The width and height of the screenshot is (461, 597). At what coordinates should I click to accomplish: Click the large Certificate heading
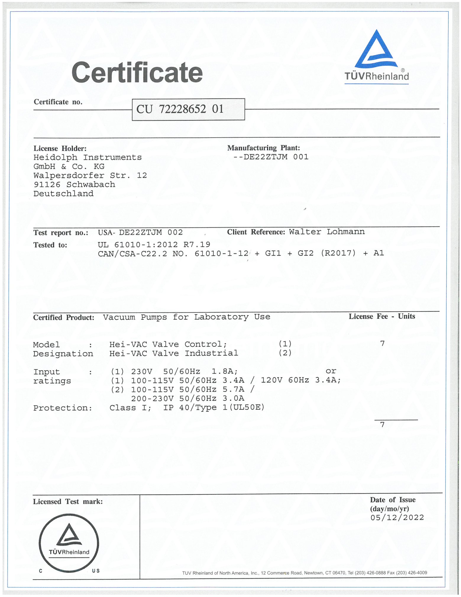click(137, 73)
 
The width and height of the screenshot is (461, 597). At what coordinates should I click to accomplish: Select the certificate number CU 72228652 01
click(180, 109)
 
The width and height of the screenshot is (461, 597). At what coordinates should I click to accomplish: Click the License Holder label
click(60, 148)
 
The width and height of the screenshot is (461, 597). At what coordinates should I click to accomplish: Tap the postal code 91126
click(47, 185)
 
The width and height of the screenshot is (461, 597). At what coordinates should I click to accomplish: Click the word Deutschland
click(63, 194)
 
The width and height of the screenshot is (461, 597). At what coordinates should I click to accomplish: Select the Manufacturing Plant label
click(263, 148)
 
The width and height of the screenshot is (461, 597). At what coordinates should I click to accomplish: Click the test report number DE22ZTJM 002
click(151, 232)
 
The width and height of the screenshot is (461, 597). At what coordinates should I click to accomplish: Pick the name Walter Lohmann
click(326, 232)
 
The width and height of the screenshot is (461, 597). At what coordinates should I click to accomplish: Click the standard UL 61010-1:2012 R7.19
click(154, 244)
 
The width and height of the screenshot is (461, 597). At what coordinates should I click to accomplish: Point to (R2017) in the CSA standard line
click(338, 253)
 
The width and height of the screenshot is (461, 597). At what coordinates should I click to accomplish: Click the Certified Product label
click(64, 318)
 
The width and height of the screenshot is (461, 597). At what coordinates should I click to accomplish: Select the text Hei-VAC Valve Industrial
click(174, 353)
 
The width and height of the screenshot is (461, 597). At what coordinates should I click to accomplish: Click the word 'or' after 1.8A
click(331, 371)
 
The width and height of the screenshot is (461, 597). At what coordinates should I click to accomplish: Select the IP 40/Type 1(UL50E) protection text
click(213, 408)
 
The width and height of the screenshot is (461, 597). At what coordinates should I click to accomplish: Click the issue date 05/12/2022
click(397, 518)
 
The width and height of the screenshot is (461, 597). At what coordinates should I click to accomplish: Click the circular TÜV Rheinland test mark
click(69, 543)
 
